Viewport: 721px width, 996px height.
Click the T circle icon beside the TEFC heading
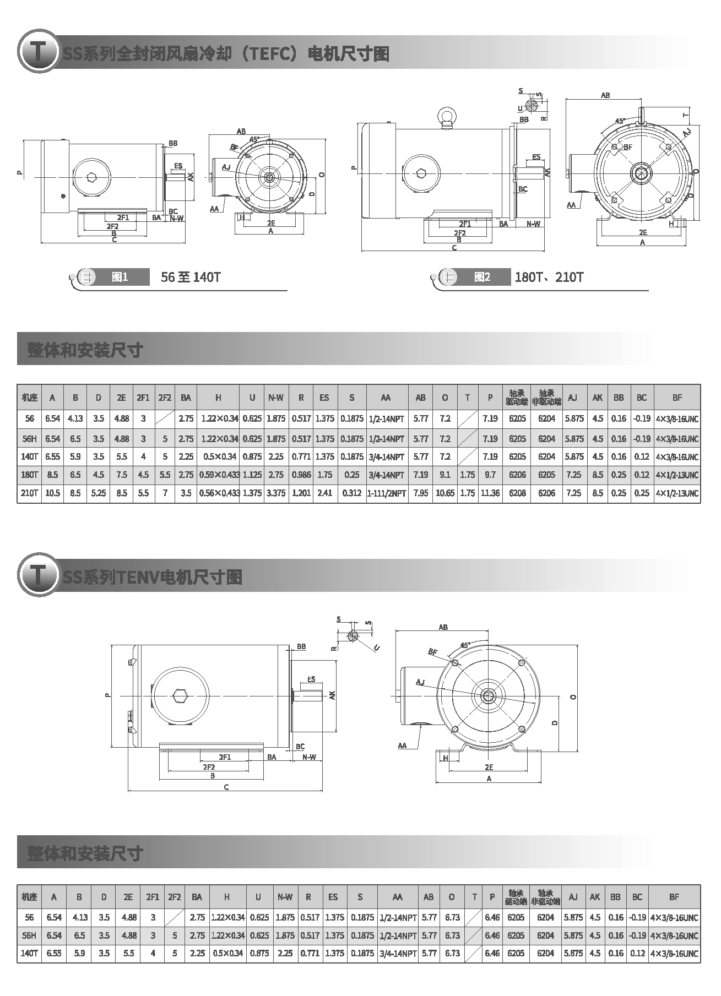click(x=38, y=52)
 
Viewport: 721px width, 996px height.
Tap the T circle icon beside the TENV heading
click(x=38, y=575)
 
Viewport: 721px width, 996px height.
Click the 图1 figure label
click(x=120, y=277)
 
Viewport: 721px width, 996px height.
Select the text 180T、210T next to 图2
click(x=549, y=277)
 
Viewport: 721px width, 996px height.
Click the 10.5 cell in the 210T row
click(x=52, y=493)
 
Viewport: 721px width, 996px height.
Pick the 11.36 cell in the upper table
click(x=490, y=493)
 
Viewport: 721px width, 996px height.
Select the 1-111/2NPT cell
click(x=387, y=493)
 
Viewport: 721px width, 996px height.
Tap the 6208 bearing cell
click(x=517, y=493)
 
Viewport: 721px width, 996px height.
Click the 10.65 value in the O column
click(x=445, y=493)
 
